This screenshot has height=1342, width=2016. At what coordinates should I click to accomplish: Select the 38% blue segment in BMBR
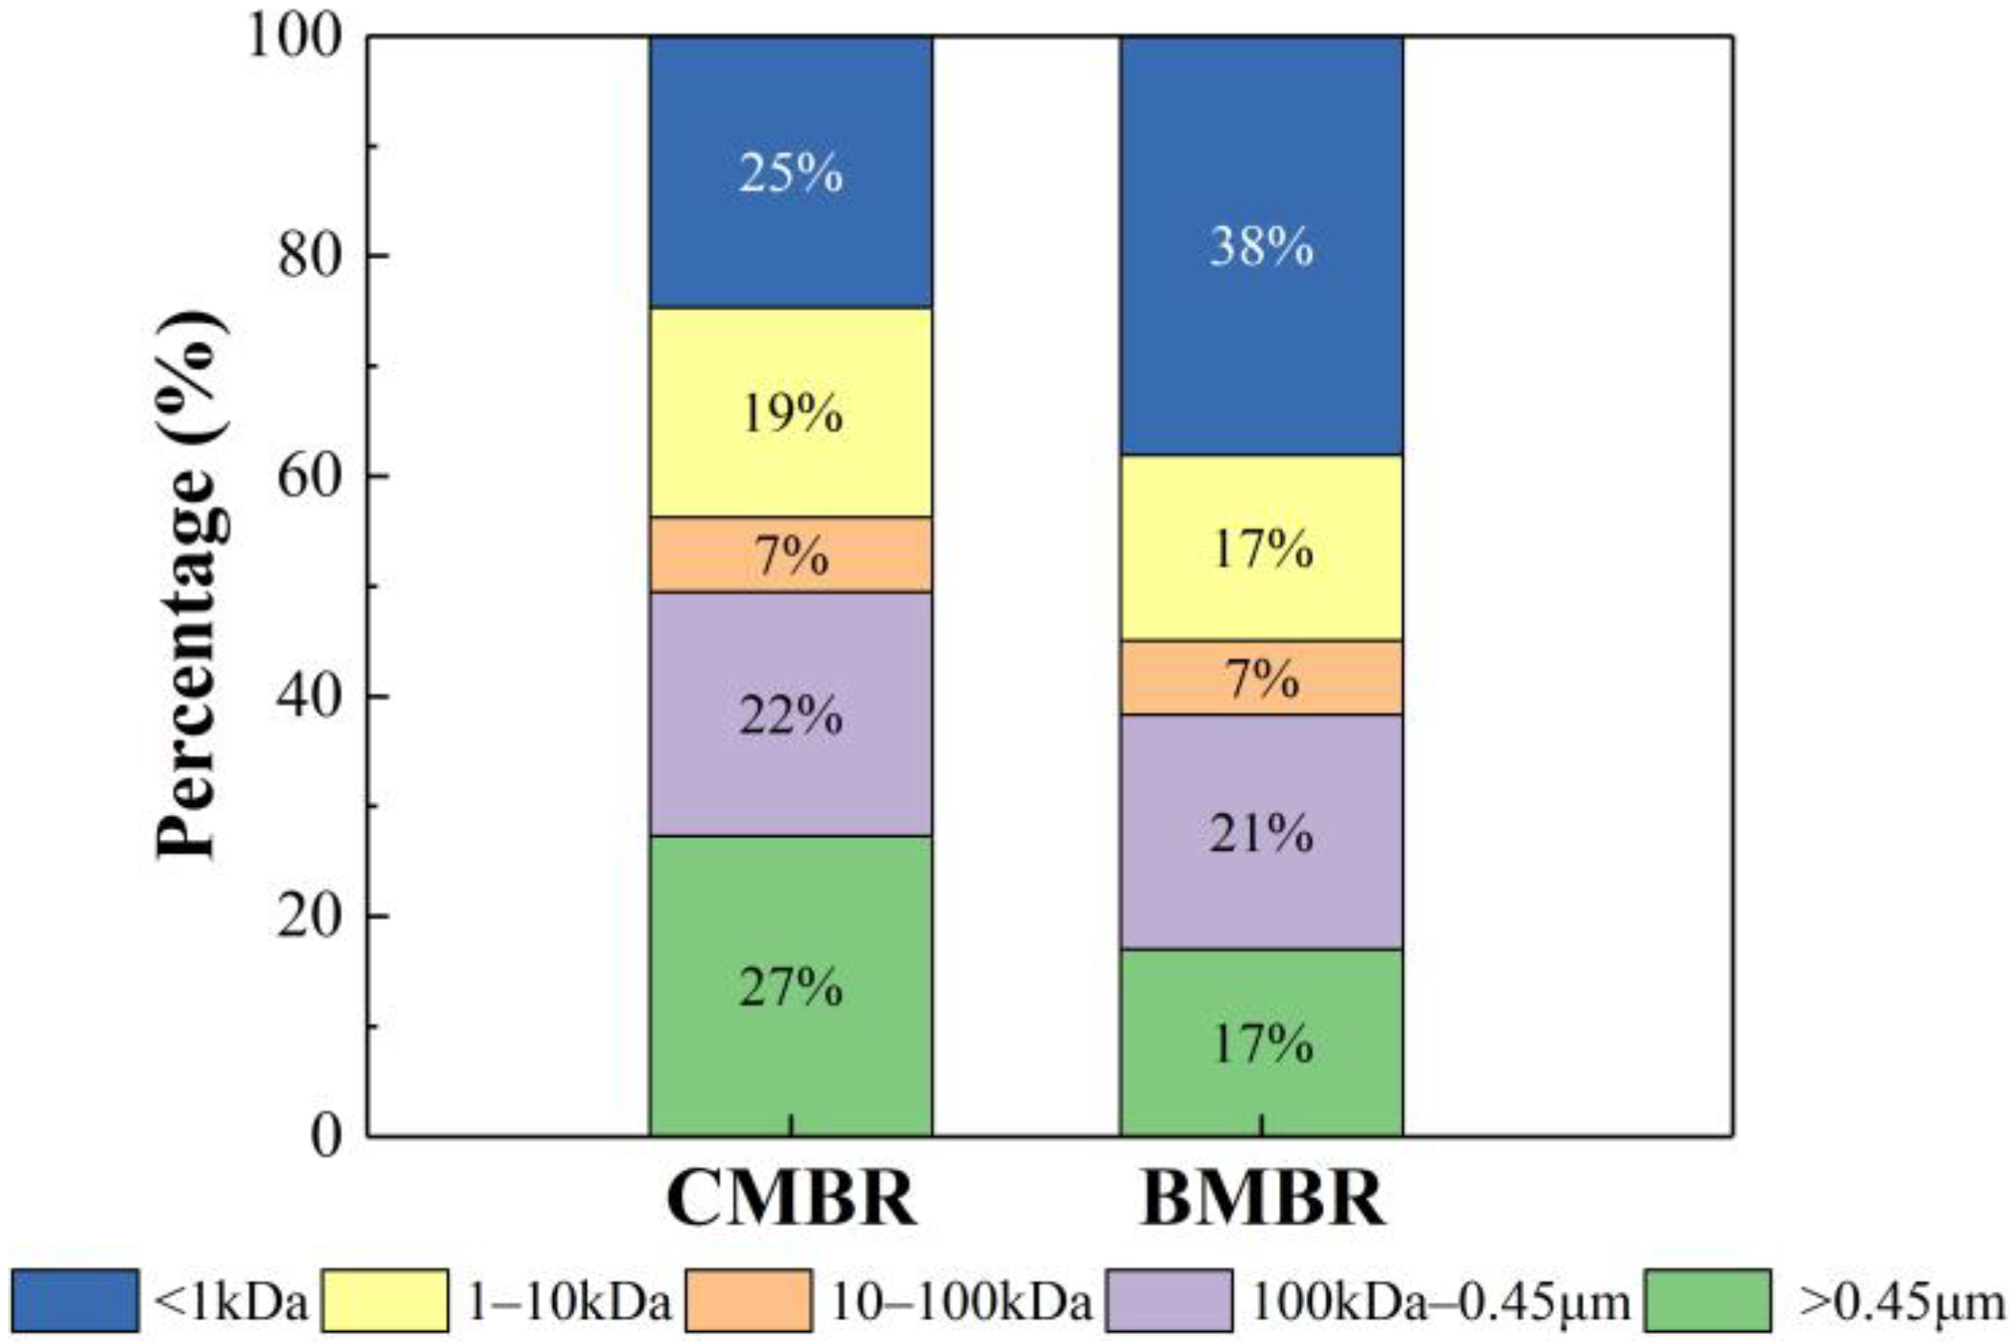click(x=1260, y=245)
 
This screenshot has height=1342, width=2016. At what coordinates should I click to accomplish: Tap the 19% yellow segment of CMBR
click(x=790, y=413)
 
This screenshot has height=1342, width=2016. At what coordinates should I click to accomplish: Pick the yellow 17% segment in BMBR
click(x=1260, y=548)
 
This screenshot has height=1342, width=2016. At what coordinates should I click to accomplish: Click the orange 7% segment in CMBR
click(x=790, y=554)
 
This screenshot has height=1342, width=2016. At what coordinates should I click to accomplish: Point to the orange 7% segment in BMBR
click(x=1260, y=677)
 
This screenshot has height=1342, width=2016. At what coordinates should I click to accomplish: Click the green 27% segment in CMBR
click(x=790, y=985)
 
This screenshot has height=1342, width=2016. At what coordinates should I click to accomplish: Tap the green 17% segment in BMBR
click(x=1260, y=1042)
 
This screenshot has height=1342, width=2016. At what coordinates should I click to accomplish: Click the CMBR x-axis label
click(x=791, y=1199)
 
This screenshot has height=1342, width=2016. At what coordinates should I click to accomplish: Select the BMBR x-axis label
click(x=1261, y=1199)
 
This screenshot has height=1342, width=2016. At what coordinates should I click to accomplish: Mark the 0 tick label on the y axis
click(x=327, y=1137)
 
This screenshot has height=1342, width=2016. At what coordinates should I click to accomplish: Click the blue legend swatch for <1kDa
click(x=76, y=1300)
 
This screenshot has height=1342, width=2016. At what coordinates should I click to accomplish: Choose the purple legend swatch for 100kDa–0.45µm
click(x=1169, y=1300)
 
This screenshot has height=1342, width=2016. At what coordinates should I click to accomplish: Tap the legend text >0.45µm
click(x=1901, y=1301)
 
